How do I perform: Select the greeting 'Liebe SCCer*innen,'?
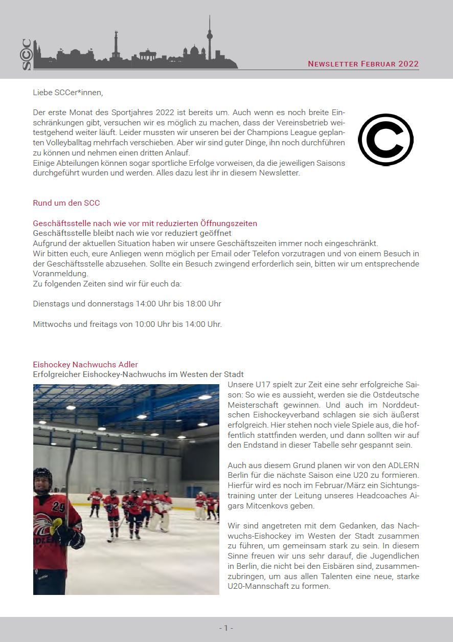click(68, 93)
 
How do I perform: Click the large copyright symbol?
click(386, 140)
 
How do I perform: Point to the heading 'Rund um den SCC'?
click(66, 203)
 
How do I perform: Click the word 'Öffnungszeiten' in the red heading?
click(230, 224)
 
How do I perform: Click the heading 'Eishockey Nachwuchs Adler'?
click(85, 365)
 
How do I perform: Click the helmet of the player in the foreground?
click(42, 476)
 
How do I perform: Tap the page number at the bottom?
click(226, 628)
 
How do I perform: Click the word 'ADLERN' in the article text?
click(404, 465)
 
